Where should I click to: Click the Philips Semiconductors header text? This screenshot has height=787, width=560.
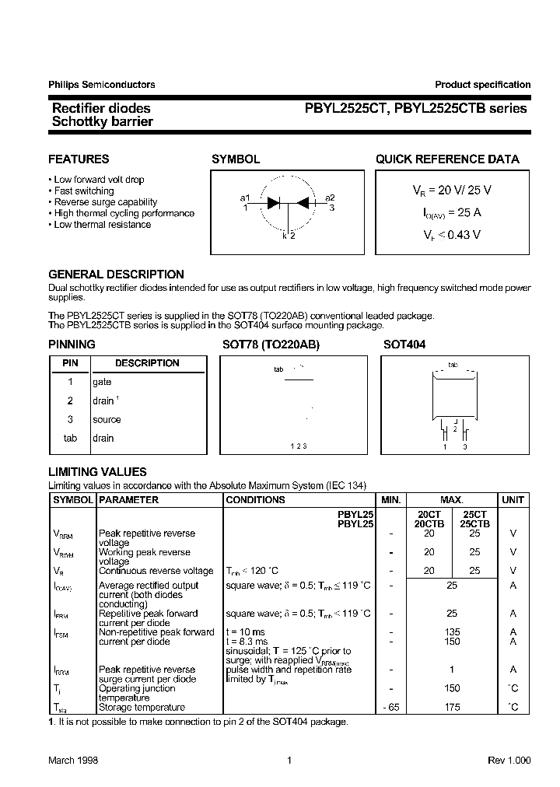[x=101, y=85]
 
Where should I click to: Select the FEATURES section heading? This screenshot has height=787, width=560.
[x=79, y=159]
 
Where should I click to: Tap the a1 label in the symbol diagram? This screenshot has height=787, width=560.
[x=245, y=198]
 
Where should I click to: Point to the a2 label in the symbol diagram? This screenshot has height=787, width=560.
[x=330, y=198]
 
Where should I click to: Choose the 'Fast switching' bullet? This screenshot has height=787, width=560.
[x=83, y=191]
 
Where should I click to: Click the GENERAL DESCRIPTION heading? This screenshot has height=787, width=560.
[x=116, y=275]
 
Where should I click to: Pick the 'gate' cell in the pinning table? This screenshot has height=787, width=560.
[x=102, y=382]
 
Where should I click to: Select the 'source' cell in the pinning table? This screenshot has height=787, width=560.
[x=107, y=419]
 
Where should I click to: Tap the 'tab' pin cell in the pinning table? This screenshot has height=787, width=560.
[x=70, y=438]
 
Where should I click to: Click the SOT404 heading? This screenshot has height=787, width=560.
[x=404, y=344]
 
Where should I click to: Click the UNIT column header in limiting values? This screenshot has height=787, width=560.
[x=513, y=500]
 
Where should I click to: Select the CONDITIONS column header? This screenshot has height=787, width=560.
[x=255, y=500]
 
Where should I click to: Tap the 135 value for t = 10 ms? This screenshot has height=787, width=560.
[x=452, y=632]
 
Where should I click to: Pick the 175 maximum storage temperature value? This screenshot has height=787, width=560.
[x=452, y=707]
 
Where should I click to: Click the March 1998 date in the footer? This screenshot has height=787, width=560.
[x=73, y=761]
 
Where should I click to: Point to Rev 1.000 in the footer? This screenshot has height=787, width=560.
[x=509, y=761]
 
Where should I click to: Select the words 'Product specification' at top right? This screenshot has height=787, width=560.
[x=482, y=85]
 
